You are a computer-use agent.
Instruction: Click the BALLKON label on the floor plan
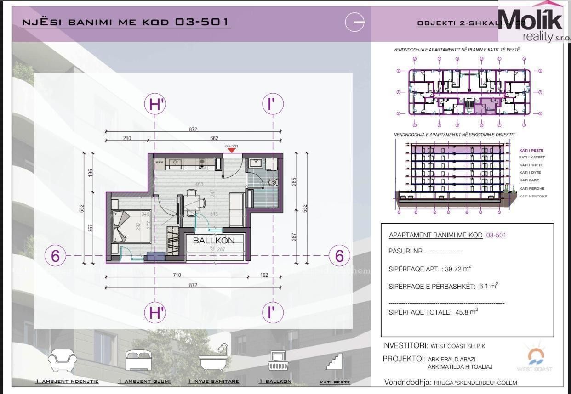click(213, 240)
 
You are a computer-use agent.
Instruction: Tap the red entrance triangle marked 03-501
click(232, 150)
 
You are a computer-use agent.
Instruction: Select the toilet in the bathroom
click(273, 183)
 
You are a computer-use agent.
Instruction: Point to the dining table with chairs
click(193, 202)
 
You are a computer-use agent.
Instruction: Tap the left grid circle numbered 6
click(55, 256)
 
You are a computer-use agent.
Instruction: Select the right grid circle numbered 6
click(339, 256)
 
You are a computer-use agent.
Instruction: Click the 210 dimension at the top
click(127, 138)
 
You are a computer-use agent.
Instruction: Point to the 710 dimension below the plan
click(177, 275)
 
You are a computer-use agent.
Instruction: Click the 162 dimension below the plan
click(263, 275)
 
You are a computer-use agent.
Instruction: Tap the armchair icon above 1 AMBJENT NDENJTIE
click(63, 360)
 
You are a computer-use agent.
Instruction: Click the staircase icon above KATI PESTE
click(335, 361)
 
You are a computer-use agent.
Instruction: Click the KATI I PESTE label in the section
click(531, 150)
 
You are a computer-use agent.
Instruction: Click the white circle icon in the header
click(354, 22)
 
